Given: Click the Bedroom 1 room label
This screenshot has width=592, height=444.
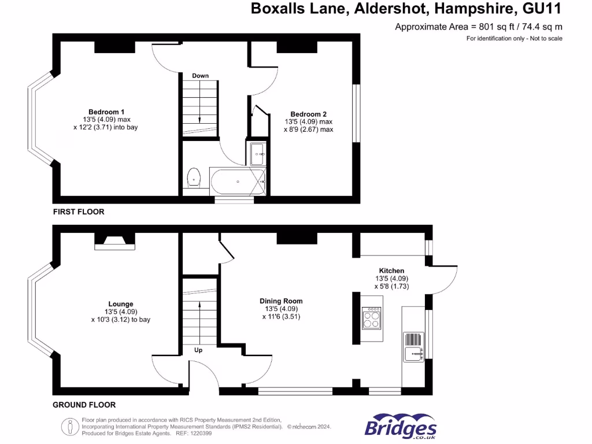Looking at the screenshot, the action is coord(106,112).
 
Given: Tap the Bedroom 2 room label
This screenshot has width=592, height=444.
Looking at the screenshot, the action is coord(309,114).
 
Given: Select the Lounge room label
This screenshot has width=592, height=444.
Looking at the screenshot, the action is coord(121,304).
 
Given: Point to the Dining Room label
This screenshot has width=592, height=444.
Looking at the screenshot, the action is coord(281,301).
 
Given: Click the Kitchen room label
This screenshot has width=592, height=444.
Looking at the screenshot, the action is coord(391,271).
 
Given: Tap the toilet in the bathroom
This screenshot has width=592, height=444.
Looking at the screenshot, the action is coord(194,177).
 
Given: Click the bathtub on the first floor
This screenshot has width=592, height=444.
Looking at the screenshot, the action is coord(238,182).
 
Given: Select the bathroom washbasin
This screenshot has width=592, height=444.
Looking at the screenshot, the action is coord(258,154).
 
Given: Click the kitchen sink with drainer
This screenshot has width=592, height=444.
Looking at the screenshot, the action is coord(413,347).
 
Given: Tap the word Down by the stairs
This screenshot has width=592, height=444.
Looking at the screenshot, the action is coord(200,76).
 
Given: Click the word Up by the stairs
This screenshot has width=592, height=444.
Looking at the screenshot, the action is coord(198,350).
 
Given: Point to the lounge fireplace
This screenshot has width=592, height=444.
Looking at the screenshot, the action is coord(115,242).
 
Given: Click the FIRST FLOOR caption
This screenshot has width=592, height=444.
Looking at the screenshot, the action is coord(79,212).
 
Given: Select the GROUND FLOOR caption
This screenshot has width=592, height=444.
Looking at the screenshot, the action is coord(84,405).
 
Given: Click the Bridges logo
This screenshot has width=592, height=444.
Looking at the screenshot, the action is coord(401,426).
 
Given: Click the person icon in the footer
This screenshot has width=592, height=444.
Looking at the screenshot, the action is coord(70,427).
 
